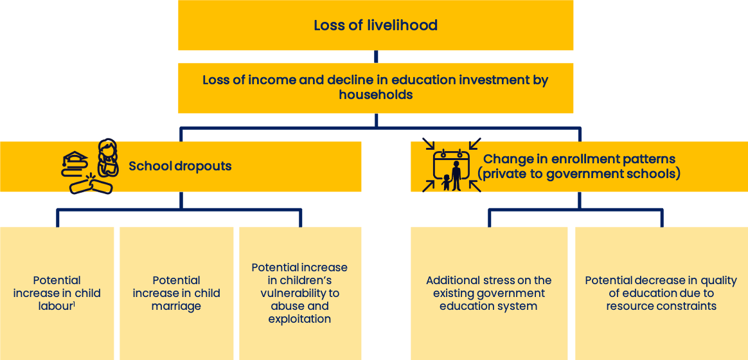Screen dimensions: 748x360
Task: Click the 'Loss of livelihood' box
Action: tap(375, 25)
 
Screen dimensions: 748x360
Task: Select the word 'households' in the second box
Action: tap(375, 94)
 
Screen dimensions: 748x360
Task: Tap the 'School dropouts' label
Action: tap(181, 166)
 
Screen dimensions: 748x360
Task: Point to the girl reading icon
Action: tap(108, 157)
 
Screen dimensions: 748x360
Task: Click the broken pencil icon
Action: tap(91, 184)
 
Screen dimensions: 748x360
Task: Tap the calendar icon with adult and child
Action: tap(451, 165)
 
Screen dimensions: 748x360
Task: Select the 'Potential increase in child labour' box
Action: tap(57, 293)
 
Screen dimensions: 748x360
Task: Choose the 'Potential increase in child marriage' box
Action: tap(177, 293)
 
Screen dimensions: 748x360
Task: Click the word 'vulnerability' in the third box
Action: tap(299, 292)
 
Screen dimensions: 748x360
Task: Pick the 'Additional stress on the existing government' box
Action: tap(489, 293)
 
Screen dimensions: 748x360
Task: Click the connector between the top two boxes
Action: tap(376, 57)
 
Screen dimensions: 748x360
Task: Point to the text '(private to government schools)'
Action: tap(579, 174)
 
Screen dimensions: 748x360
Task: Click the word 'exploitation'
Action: tap(299, 318)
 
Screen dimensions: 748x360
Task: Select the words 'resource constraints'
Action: tap(661, 305)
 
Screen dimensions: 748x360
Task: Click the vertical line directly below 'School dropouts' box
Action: tap(181, 200)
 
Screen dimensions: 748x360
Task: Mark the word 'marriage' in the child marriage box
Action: tap(176, 306)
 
